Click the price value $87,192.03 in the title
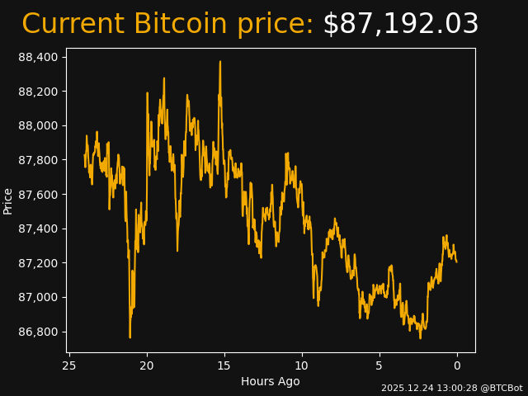[400, 25]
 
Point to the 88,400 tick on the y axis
[40, 57]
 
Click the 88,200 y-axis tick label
[40, 92]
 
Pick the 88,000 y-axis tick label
[40, 125]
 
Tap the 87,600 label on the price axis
[40, 195]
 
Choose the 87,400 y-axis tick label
[40, 229]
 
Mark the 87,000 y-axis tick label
[40, 297]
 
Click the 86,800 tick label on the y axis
[40, 332]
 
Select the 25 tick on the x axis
[69, 365]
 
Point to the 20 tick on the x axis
[147, 365]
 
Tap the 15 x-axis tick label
[224, 365]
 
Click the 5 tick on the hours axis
[379, 365]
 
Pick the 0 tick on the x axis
[457, 365]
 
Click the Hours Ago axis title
[271, 381]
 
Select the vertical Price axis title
[8, 200]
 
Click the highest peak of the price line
[220, 62]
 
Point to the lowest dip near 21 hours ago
[130, 337]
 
